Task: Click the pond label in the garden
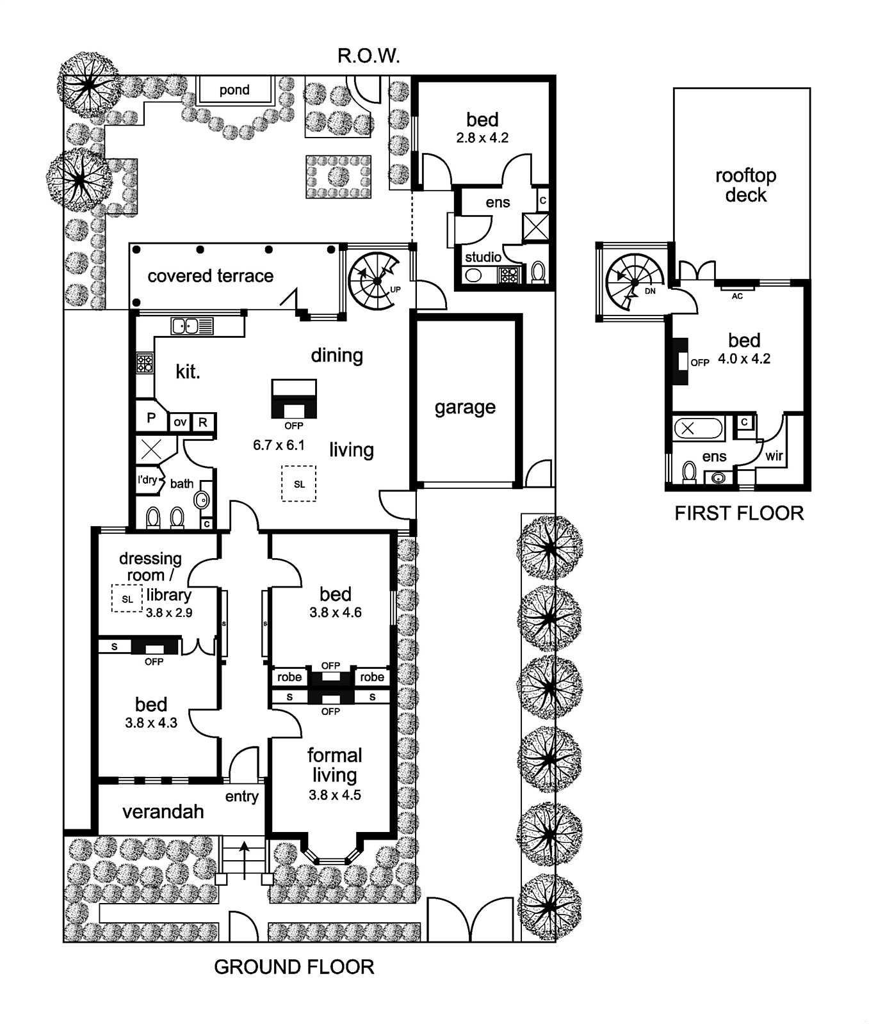click(234, 90)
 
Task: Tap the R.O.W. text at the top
click(369, 56)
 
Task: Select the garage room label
click(465, 408)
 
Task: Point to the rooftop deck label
click(745, 185)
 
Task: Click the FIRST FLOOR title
click(739, 513)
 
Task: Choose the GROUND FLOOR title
click(294, 966)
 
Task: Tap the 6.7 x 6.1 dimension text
click(279, 445)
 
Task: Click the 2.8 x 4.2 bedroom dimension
click(482, 138)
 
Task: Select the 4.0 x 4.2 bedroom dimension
click(744, 359)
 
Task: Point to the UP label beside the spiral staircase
click(395, 290)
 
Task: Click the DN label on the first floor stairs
click(650, 291)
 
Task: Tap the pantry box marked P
click(152, 417)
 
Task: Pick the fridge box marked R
click(203, 422)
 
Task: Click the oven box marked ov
click(180, 422)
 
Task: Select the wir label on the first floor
click(774, 456)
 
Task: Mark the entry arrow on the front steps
click(244, 857)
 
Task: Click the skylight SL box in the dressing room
click(127, 598)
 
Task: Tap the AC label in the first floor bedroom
click(737, 296)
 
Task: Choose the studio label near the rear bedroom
click(483, 257)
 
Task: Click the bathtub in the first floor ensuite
click(698, 428)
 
